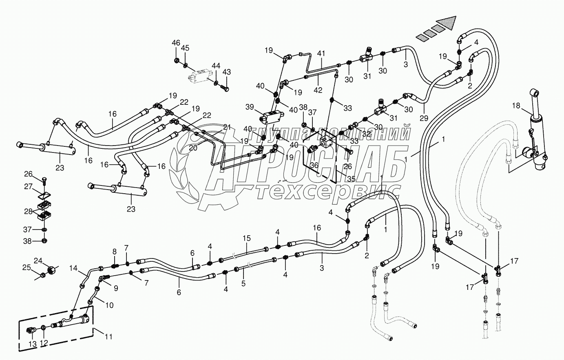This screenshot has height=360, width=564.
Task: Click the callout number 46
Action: coord(175,43)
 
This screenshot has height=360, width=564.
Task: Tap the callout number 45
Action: coord(185,48)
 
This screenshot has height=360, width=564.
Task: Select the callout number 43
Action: coord(226,72)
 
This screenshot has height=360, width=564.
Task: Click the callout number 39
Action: coord(250,106)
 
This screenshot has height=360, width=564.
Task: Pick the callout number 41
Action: coord(321,53)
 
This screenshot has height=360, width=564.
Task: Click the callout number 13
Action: coord(33,344)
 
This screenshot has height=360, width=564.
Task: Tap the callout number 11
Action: coord(108,337)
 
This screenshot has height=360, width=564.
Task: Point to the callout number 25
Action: coord(27,267)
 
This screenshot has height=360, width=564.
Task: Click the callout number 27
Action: coord(28,186)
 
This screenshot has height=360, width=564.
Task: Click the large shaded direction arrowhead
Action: coord(446,20)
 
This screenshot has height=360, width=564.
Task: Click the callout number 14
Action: coord(73,268)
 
